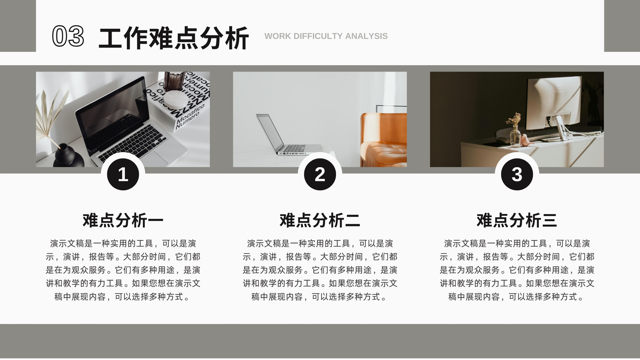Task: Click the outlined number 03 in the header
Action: point(68,36)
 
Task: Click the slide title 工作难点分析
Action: point(174,38)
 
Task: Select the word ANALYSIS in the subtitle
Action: point(366,36)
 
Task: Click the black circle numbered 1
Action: point(123,174)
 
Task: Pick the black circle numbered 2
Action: point(320,174)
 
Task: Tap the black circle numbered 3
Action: point(517,174)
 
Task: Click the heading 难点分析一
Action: point(123,220)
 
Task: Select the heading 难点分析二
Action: point(320,220)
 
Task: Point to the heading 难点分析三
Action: point(517,220)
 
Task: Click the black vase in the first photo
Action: point(68,156)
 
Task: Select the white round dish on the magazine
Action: point(174,99)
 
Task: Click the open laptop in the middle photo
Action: point(286,136)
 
